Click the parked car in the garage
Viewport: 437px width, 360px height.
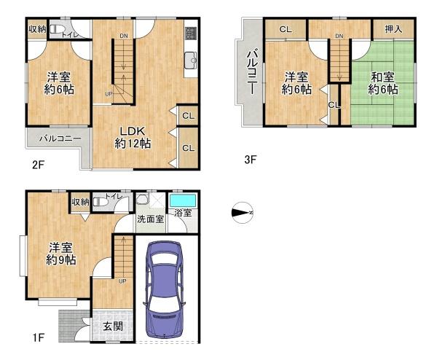(164, 289)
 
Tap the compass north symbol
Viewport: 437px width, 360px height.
(243, 213)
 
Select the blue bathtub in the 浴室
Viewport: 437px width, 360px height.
(183, 201)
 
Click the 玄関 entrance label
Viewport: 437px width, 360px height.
(113, 326)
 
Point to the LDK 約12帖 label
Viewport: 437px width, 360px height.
(133, 137)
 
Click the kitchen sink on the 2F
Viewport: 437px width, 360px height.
(191, 60)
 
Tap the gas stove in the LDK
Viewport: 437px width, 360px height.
(191, 34)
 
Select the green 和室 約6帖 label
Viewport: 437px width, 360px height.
(382, 83)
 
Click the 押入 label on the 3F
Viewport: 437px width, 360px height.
(393, 29)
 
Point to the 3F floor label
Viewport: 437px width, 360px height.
(250, 160)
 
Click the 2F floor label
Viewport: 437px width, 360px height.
(38, 165)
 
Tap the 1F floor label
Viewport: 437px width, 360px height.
(38, 337)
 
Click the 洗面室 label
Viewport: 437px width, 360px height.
(151, 219)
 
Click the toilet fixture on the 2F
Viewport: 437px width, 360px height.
(58, 29)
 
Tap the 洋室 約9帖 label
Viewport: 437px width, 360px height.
(60, 253)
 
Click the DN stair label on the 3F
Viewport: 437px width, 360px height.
(339, 36)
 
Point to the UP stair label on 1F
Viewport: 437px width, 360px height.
(122, 281)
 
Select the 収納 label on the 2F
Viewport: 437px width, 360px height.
(37, 29)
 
